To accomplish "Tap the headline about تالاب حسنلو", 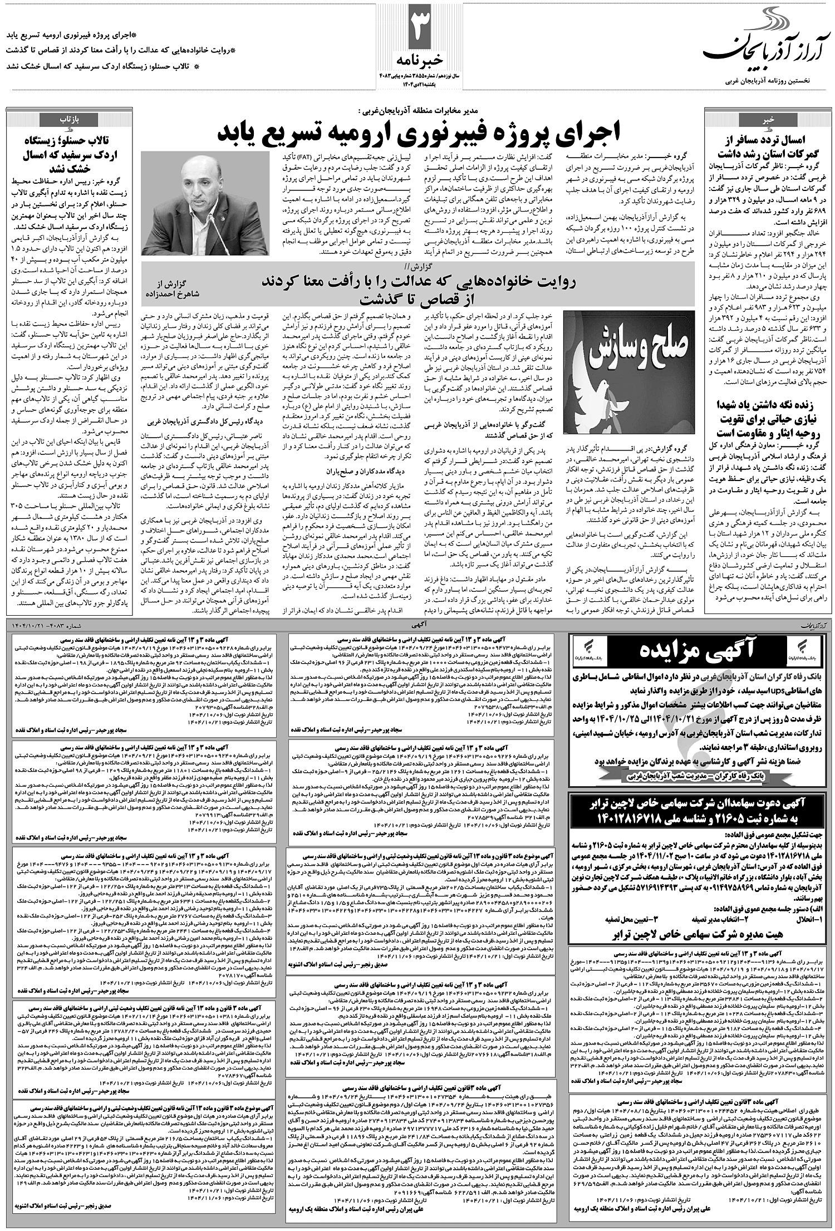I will coord(70,154).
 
